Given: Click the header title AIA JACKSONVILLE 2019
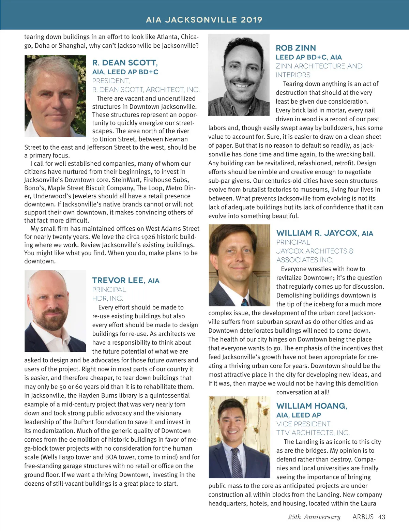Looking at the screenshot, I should [204, 20].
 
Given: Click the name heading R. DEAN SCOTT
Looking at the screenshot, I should [125, 63].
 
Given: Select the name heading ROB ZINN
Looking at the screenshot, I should [296, 48].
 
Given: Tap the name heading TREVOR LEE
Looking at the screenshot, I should [118, 280].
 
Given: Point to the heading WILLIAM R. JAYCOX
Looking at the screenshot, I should [317, 233].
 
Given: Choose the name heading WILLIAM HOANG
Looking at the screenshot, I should [311, 406].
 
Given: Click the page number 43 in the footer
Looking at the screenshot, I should [382, 517].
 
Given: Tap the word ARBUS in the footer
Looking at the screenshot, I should [363, 517].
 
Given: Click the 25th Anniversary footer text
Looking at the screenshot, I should [314, 517].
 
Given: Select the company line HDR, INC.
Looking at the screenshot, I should [107, 298].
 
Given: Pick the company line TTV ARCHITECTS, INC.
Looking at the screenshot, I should [313, 433].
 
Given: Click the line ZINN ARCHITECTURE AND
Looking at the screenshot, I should [319, 66].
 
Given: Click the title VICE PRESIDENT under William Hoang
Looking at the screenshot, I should [303, 424].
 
